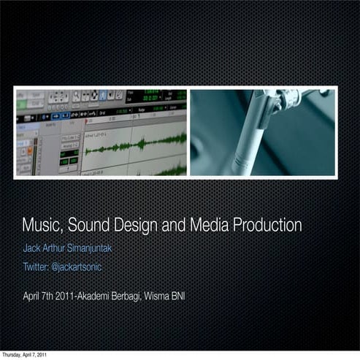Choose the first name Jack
tap(31, 248)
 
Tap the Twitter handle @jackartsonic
tap(76, 268)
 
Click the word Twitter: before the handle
tap(36, 268)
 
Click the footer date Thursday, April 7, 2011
tap(24, 355)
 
